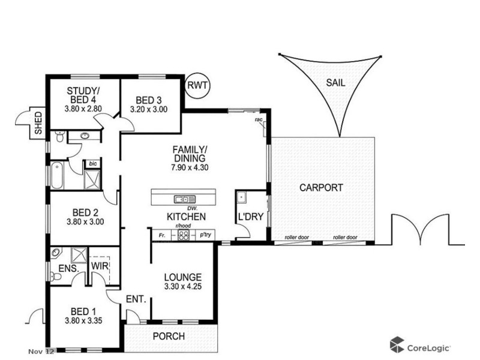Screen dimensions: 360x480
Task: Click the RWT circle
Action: coord(198,86)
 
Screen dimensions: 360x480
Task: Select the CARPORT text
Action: coord(321,188)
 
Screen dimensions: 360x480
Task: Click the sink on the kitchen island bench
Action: coord(181,199)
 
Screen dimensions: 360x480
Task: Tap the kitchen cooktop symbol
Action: coord(185,235)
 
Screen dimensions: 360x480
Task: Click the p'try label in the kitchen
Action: coord(206,235)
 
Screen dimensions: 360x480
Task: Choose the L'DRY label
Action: coord(251,217)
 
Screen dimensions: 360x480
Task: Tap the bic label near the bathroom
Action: coord(93,163)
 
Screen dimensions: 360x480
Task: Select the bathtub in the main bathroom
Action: coord(58,176)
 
